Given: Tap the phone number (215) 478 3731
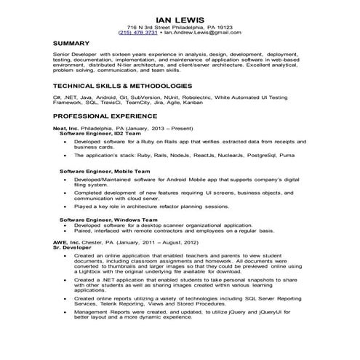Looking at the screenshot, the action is click(x=137, y=33).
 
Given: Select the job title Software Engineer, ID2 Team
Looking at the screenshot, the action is click(x=97, y=134).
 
